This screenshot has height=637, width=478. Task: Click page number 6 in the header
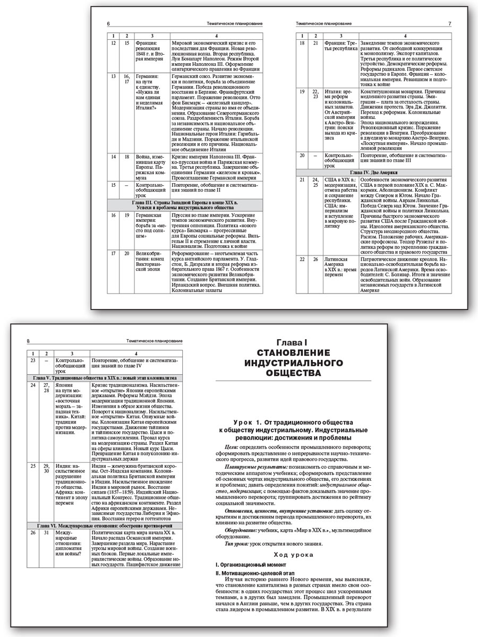coord(109,24)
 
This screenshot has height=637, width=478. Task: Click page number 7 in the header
coord(449,24)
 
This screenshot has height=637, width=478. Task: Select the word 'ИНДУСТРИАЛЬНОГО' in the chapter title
coord(301,363)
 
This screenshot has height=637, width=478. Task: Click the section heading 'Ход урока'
coord(301,554)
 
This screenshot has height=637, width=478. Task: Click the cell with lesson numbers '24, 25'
coord(315,183)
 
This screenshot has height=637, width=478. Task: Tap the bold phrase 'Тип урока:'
coord(236,543)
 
